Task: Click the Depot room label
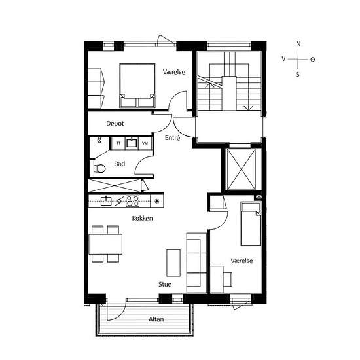(115, 123)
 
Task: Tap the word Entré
(172, 137)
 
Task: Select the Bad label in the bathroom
(119, 164)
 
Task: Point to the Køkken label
(142, 218)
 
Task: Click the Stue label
(165, 285)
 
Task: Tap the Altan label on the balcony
(156, 319)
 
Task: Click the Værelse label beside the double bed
(174, 71)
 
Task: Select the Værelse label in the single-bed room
(242, 261)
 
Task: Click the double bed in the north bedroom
(137, 84)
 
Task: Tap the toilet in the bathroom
(99, 168)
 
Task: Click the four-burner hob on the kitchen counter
(133, 201)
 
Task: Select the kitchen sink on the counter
(106, 201)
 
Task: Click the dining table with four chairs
(105, 244)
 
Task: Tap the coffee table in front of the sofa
(173, 262)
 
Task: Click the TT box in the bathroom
(118, 143)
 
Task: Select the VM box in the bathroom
(145, 143)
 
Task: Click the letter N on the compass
(298, 44)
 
